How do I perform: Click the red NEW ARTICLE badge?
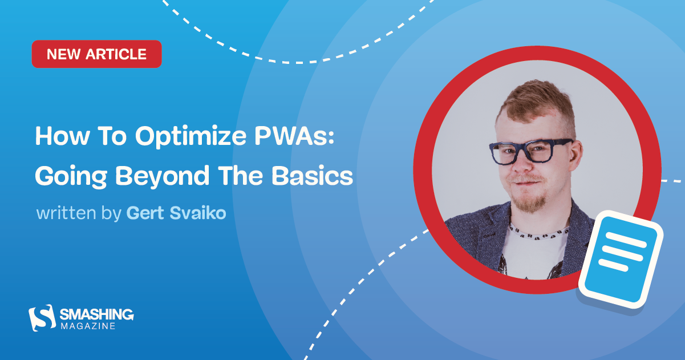(96, 54)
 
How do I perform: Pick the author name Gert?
(144, 213)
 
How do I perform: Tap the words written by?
(79, 213)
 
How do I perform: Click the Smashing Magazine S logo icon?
(42, 317)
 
